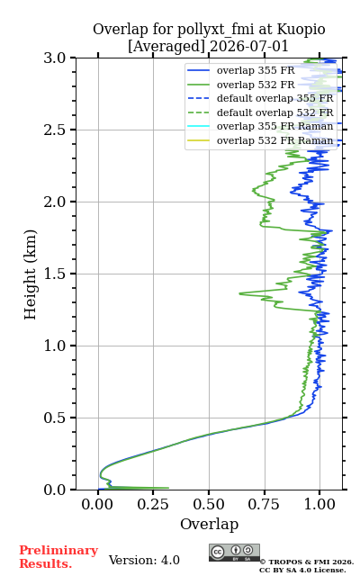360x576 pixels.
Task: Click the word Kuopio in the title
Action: pos(301,30)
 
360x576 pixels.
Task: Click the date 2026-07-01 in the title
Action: pos(249,47)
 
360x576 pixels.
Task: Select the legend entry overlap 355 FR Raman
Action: pos(260,126)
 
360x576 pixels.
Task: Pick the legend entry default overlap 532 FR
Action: pos(260,112)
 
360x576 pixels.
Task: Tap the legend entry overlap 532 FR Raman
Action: pos(260,140)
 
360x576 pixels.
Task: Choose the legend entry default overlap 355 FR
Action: pos(260,98)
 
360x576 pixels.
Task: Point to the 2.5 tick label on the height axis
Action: pos(54,130)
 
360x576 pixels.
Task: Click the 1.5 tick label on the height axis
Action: pos(54,274)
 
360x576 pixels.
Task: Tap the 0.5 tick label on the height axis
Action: pos(54,418)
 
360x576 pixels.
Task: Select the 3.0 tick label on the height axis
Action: pos(54,58)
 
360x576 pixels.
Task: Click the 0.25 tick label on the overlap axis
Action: pos(153,504)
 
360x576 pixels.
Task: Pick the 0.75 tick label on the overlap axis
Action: pos(264,504)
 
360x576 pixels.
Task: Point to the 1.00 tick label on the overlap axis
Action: pos(319,504)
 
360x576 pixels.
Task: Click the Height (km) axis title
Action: pos(31,274)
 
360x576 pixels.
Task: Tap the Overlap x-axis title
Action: pos(210,524)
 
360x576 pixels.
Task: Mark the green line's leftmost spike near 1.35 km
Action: pos(240,293)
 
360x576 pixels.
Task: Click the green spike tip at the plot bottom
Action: pos(168,488)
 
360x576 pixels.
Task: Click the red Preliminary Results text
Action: pos(58,557)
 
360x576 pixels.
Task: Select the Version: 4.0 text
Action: pos(144,560)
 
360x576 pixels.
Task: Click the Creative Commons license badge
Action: pos(234,553)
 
